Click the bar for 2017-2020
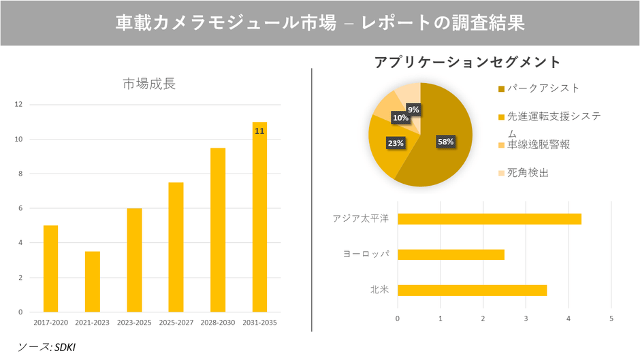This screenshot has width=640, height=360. pos(50,269)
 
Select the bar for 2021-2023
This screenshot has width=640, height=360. pos(93,282)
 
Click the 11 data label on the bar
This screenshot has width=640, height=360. pos(259,131)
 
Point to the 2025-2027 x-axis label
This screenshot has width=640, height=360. pos(176,322)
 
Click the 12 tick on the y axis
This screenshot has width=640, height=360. pos(18,105)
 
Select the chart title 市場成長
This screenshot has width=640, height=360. pos(149,84)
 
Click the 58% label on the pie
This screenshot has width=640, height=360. pos(445,142)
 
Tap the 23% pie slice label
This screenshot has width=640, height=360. pos(396,143)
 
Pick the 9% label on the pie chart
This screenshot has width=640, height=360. pos(413,110)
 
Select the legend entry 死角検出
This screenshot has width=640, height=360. pos(528,173)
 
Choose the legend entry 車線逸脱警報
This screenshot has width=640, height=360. pos(538,144)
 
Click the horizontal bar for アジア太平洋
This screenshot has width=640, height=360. pos(489,218)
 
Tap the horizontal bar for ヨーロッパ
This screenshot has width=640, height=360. pos(451,255)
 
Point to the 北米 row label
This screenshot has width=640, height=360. pos(379,290)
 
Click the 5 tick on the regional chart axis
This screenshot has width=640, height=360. pos(611,318)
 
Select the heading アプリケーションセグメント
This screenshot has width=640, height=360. pos(467,62)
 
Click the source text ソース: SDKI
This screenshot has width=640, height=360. pos(46,346)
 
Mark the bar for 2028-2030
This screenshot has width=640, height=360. pos(218,230)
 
